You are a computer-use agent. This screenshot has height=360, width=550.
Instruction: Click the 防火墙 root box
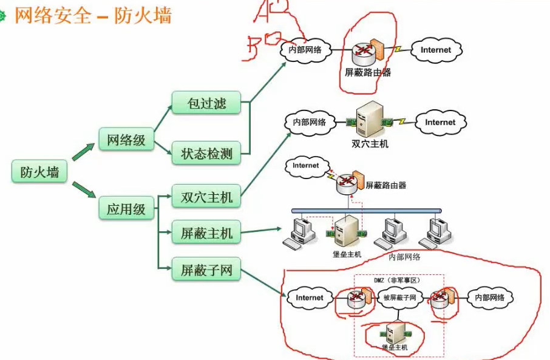point(39,172)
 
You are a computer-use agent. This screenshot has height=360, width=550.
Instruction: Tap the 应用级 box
point(126,209)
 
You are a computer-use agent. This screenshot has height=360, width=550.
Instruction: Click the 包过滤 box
point(206,103)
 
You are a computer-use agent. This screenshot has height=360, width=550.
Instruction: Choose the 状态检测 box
point(206,154)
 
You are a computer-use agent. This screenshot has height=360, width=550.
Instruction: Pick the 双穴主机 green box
point(206,197)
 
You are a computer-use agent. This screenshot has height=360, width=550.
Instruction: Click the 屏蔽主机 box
point(206,233)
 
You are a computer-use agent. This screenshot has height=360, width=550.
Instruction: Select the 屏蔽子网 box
point(206,270)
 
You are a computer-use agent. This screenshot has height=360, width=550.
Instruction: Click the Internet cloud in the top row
point(436,50)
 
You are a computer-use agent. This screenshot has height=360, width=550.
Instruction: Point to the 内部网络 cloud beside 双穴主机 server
point(310,122)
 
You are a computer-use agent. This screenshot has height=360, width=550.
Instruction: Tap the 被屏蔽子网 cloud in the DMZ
point(399,297)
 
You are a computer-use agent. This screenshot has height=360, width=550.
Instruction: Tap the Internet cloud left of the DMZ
point(310,297)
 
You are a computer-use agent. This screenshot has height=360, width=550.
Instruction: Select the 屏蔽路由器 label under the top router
point(367,72)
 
